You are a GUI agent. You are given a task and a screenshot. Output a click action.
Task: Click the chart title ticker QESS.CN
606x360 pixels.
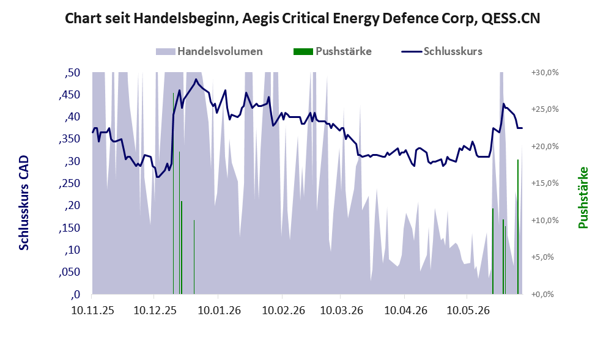click(x=511, y=18)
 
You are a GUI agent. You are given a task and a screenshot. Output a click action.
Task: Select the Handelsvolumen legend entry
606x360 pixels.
click(x=209, y=51)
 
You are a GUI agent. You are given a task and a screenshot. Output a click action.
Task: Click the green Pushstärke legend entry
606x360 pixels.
click(x=333, y=51)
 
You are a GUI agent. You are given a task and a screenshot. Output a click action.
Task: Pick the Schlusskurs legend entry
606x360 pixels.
click(x=442, y=51)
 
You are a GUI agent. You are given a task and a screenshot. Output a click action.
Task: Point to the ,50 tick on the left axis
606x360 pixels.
click(x=72, y=73)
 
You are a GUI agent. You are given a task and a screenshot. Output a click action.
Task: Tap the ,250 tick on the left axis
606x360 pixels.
click(x=70, y=183)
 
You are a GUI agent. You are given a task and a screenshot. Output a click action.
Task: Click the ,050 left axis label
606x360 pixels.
click(x=70, y=273)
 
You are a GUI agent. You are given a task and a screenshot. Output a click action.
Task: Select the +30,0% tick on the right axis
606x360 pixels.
click(x=545, y=73)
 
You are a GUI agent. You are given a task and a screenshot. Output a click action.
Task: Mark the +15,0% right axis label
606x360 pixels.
click(x=545, y=183)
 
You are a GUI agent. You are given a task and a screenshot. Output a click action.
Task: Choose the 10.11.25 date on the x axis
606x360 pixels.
click(x=93, y=310)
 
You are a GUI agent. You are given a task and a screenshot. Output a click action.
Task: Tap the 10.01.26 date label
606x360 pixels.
click(x=219, y=310)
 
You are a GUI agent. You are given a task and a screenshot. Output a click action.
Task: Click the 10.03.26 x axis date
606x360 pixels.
click(x=342, y=310)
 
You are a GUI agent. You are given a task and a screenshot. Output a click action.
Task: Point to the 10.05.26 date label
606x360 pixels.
click(x=468, y=310)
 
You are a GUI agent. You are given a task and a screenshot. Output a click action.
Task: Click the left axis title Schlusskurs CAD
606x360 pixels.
click(x=24, y=203)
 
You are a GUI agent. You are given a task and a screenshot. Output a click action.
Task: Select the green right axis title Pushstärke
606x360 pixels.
click(x=583, y=198)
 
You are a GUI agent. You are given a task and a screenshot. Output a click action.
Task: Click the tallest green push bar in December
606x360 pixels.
click(x=173, y=193)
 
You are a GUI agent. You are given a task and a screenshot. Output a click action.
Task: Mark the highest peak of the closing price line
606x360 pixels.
click(x=196, y=79)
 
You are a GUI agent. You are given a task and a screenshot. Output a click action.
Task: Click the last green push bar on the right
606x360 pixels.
click(x=518, y=227)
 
